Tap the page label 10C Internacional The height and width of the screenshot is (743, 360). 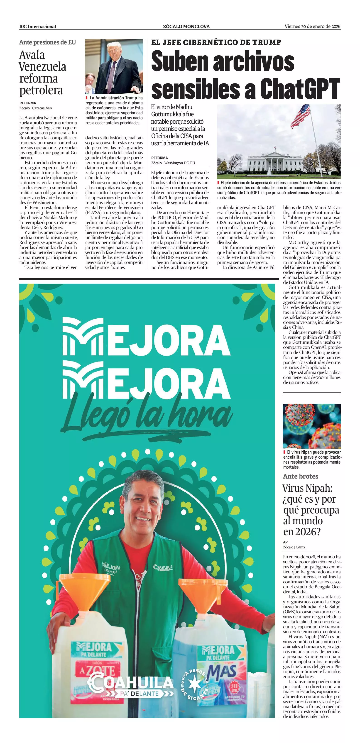37,27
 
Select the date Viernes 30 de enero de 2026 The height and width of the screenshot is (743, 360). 312,27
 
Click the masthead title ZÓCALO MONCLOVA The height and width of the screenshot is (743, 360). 186,27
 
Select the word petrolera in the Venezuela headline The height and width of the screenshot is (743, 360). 41,90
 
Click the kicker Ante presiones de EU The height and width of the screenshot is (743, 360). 48,42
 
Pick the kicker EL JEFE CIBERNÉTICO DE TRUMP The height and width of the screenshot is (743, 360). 216,42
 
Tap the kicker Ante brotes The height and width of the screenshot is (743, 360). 301,477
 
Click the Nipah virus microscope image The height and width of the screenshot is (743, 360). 311,426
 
